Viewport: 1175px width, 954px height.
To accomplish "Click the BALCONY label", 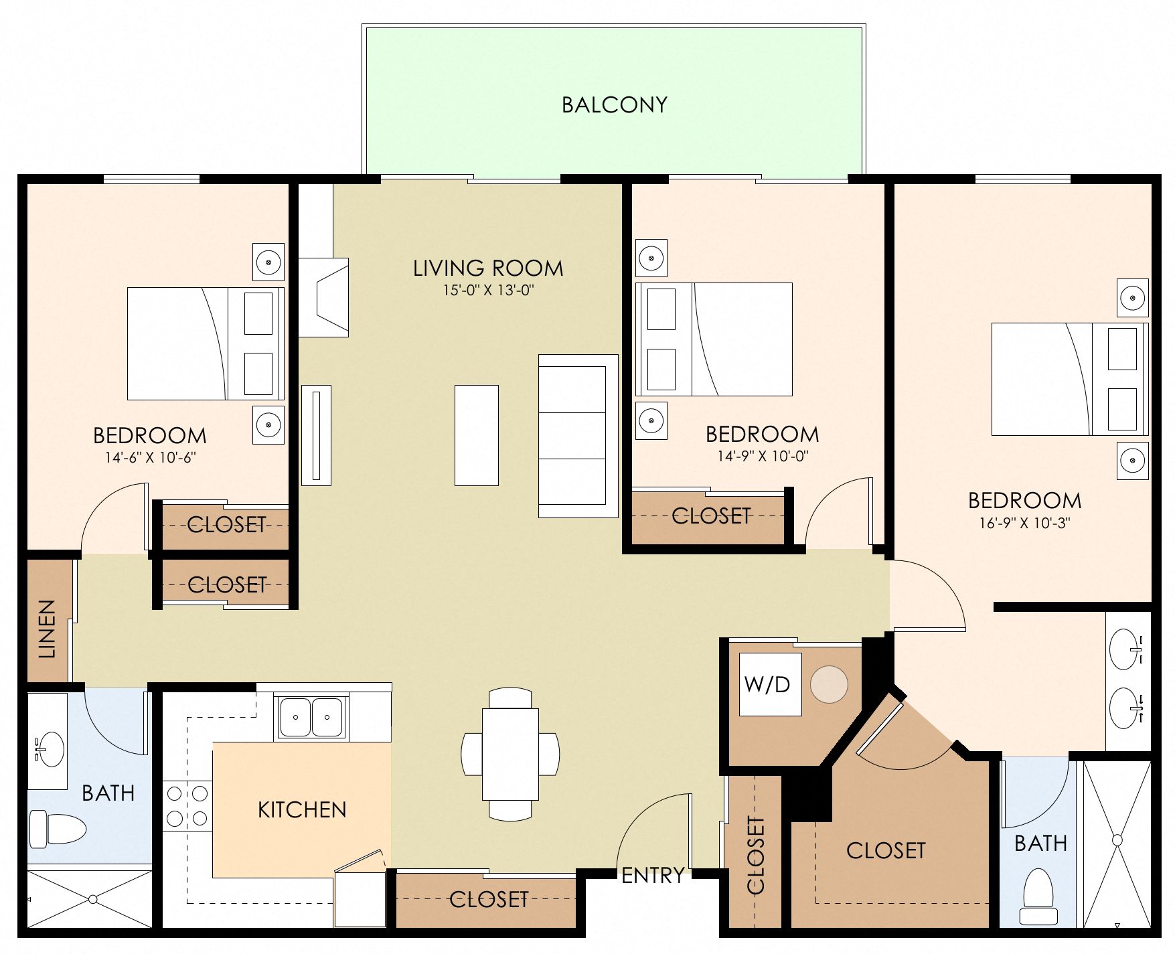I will coord(614,105).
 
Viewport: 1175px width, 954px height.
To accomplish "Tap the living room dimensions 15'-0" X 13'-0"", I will coord(487,291).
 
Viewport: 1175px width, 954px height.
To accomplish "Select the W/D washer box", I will coord(769,684).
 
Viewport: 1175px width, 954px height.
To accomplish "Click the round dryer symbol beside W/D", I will coord(829,684).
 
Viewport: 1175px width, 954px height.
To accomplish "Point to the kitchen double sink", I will coord(311,717).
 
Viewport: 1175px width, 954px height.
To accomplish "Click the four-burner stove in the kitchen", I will coord(187,806).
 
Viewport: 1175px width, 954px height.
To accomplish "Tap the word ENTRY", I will coord(652,876).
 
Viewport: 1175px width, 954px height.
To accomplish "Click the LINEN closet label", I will coord(47,629).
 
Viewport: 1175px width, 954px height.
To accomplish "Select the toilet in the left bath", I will coord(58,828).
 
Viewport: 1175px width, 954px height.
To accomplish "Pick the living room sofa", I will coord(578,436).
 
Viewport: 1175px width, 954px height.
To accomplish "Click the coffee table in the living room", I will coord(476,435).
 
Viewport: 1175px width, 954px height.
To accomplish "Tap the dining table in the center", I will coord(510,754).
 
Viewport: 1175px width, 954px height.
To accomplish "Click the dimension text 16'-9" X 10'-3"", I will coord(1024,524).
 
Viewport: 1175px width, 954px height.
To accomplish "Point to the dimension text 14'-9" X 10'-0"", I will coord(763,457).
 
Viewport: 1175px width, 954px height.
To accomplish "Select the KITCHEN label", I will coord(302,810).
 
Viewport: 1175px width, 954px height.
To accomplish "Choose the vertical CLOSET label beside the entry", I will coord(755,855).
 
